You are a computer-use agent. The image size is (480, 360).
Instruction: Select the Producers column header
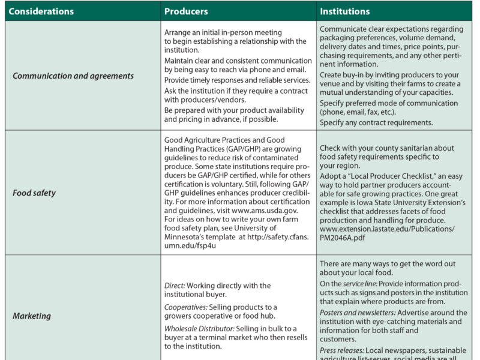tap(186, 11)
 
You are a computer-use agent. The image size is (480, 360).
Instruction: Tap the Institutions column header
tap(345, 11)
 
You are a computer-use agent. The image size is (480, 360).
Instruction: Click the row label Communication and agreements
tap(73, 76)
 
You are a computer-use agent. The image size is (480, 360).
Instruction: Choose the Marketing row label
tap(32, 316)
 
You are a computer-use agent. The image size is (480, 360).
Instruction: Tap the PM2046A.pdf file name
tap(344, 238)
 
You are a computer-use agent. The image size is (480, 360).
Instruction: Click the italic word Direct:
tap(175, 286)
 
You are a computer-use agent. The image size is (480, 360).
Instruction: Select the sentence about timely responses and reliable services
tap(237, 80)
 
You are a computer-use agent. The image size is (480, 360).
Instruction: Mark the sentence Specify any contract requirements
tap(376, 122)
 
